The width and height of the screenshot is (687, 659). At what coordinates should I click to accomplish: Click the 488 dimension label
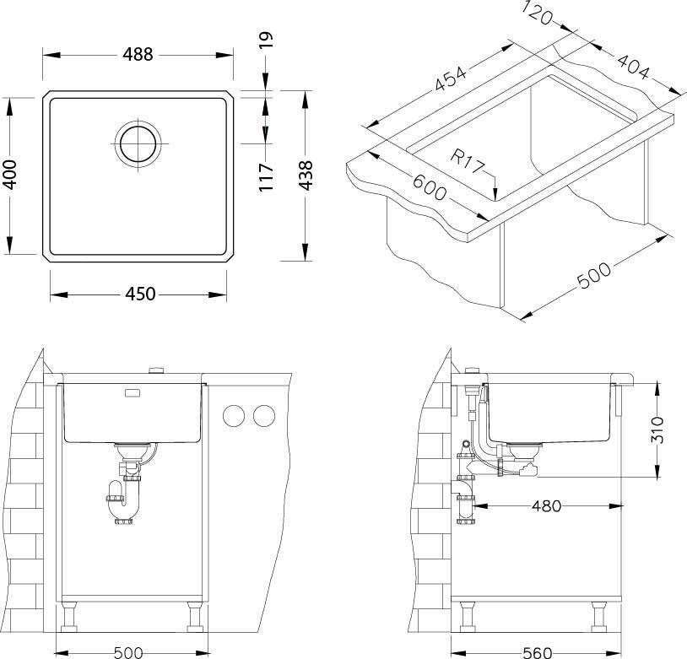(x=138, y=55)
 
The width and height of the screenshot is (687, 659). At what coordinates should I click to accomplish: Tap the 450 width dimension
(x=140, y=294)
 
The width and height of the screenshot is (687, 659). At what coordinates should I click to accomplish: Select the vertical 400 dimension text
(x=9, y=175)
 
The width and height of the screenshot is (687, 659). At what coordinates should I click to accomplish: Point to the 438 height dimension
(x=306, y=176)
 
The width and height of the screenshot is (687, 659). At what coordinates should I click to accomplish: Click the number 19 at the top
(x=266, y=40)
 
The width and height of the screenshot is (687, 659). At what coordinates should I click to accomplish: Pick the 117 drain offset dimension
(x=266, y=177)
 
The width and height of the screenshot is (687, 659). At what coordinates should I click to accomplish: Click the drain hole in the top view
(x=138, y=143)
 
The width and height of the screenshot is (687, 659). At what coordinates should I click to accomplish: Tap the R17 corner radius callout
(x=468, y=161)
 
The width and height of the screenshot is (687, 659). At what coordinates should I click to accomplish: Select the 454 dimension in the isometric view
(x=450, y=78)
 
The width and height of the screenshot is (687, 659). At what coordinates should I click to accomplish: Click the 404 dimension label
(x=634, y=67)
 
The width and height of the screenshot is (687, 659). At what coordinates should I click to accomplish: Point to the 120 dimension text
(x=538, y=13)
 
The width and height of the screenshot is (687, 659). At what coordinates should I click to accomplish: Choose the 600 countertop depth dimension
(x=430, y=187)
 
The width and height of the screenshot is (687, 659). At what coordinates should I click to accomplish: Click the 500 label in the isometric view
(x=593, y=275)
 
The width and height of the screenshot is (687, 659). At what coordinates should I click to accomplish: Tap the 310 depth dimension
(x=657, y=429)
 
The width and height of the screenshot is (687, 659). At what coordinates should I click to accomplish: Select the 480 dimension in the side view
(x=546, y=506)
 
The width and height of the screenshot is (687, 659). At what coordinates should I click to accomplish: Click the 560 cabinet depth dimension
(x=538, y=653)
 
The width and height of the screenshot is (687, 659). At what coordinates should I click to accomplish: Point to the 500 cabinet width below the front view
(x=128, y=653)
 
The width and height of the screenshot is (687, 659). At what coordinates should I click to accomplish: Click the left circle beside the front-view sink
(x=234, y=415)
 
